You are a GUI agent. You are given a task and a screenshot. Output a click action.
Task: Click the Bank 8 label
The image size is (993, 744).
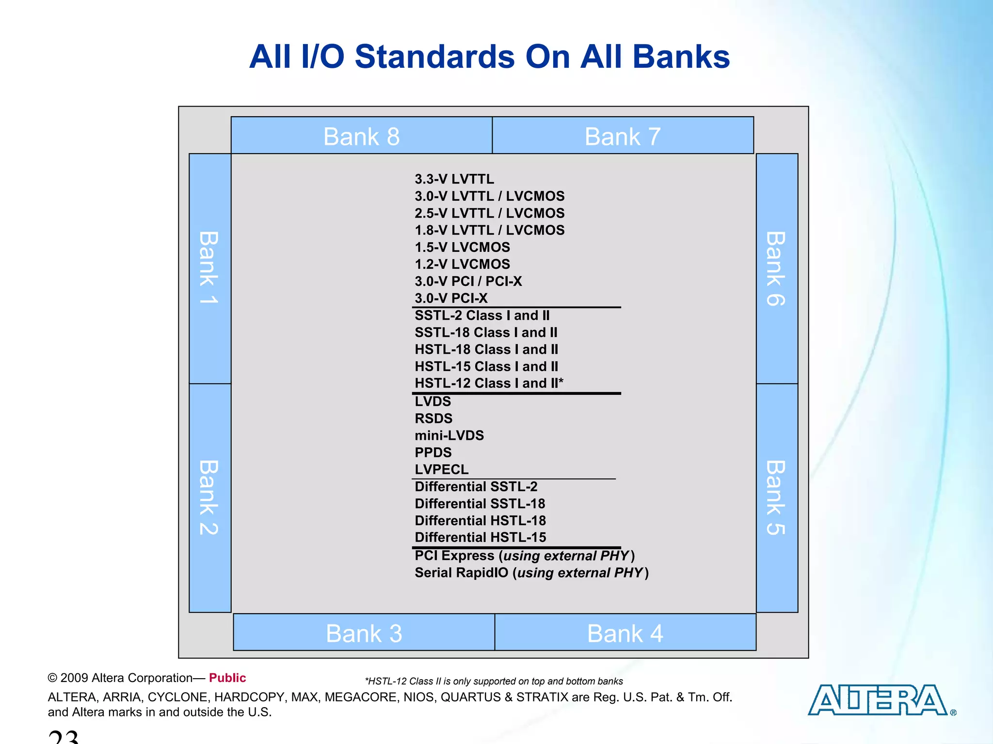point(362,137)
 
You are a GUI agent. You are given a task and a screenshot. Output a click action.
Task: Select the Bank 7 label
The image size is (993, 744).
point(623,137)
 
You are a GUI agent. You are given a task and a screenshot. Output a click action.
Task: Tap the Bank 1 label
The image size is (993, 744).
point(209,267)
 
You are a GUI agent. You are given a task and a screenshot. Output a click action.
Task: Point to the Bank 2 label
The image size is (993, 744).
point(209,497)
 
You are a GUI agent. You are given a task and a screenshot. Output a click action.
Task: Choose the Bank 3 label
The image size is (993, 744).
point(364,634)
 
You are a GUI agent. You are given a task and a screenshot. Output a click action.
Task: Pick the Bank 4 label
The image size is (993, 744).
point(625,634)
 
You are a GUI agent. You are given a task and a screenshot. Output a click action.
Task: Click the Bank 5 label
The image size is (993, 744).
point(776,497)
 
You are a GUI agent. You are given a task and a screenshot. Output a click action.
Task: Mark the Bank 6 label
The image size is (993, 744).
point(776,268)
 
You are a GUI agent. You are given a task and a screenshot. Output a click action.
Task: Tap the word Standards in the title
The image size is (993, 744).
point(435,57)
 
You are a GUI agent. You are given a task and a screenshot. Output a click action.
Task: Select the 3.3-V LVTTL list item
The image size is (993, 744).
point(454,179)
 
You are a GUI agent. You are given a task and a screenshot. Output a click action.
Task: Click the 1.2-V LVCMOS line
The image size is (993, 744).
point(462,264)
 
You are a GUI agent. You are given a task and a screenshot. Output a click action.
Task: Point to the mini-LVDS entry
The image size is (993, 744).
point(449,435)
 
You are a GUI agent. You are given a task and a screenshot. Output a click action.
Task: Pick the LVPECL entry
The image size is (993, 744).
point(442,469)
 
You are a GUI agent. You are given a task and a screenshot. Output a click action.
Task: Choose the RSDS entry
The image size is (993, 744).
point(433,418)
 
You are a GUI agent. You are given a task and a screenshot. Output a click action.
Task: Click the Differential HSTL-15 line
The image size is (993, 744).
point(480,537)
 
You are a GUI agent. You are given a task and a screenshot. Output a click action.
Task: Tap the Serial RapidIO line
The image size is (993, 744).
point(531,573)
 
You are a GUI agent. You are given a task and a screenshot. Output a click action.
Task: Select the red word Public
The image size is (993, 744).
point(227,678)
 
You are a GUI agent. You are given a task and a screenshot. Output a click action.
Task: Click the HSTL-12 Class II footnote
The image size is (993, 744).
point(494,681)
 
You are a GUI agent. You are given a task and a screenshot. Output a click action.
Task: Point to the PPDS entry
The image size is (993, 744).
point(433,452)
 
